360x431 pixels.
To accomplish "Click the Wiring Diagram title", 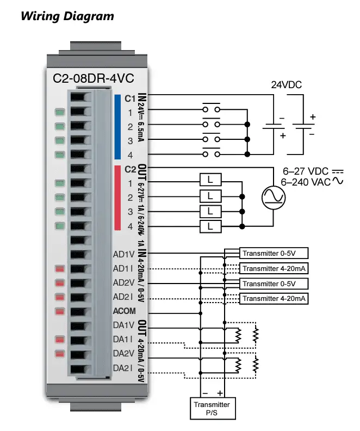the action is point(67,16).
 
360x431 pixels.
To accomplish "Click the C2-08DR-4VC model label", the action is point(94,78).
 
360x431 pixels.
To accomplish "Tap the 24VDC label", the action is point(287,85).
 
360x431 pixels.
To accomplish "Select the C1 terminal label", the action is point(130,98).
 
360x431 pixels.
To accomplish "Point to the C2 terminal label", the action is point(130,169).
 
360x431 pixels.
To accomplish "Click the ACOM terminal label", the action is point(125,311).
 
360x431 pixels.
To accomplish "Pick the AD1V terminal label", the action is point(124,254).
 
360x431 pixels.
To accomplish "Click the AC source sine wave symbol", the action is point(274,198).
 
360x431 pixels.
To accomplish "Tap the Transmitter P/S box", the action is point(213,408).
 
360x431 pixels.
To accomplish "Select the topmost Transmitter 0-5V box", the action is point(274,253).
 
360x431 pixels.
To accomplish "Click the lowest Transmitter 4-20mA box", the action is point(274,299).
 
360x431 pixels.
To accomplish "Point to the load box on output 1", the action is point(210,180).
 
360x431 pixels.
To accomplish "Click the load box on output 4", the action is point(210,226).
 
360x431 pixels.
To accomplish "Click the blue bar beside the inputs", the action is point(117,127).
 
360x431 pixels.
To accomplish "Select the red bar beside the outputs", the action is point(117,198).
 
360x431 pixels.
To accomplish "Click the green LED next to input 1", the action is point(60,112).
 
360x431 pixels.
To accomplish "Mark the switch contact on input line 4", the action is point(211,152).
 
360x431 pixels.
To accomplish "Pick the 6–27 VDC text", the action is point(306,171).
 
